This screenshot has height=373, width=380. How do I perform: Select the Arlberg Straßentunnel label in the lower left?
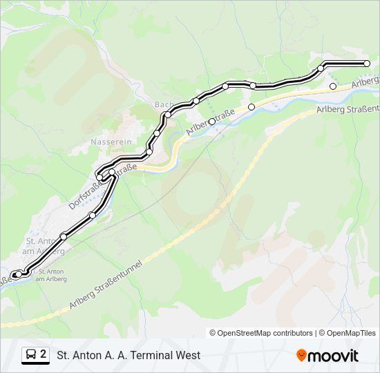coord(105,285)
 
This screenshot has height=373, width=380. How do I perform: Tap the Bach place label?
coord(163,105)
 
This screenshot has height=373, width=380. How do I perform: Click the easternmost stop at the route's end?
coord(367,64)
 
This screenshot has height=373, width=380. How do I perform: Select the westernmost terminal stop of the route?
coord(15,275)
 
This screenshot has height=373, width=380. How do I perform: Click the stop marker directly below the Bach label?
coord(168,115)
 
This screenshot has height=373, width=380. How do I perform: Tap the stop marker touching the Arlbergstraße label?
coord(212,122)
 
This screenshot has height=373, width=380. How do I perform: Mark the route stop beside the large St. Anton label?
coord(64,236)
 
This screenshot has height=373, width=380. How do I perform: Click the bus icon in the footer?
coord(31,355)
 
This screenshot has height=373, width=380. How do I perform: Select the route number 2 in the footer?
coord(44,354)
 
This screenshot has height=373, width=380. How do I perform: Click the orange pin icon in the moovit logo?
coord(301,356)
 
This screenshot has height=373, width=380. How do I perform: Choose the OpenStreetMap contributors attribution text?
coord(261,333)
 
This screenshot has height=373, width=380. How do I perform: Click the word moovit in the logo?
coord(333,356)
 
